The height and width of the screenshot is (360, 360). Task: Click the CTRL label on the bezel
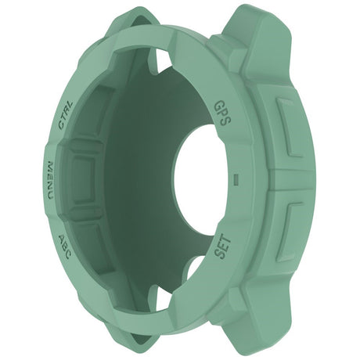(x=67, y=114)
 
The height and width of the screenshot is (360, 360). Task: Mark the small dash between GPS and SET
(x=236, y=179)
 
